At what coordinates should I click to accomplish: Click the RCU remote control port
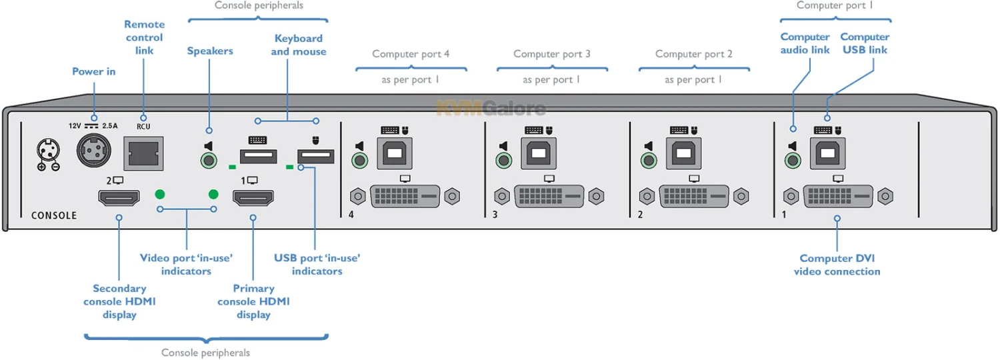pyautogui.click(x=143, y=154)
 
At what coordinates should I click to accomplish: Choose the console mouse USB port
pyautogui.click(x=315, y=157)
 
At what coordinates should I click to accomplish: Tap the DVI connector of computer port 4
pyautogui.click(x=405, y=196)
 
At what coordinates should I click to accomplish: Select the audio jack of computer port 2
pyautogui.click(x=648, y=160)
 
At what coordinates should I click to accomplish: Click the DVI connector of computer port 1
pyautogui.click(x=838, y=196)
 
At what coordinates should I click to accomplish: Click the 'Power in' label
pyautogui.click(x=94, y=71)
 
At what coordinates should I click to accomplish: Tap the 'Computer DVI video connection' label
pyautogui.click(x=837, y=265)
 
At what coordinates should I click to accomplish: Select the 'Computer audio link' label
pyautogui.click(x=805, y=43)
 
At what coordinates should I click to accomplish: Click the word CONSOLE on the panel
pyautogui.click(x=54, y=215)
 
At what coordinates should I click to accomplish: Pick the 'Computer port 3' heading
pyautogui.click(x=552, y=54)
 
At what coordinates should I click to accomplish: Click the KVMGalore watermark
pyautogui.click(x=491, y=108)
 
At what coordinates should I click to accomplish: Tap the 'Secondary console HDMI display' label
pyautogui.click(x=119, y=301)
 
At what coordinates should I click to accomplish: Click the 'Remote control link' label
pyautogui.click(x=144, y=37)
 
